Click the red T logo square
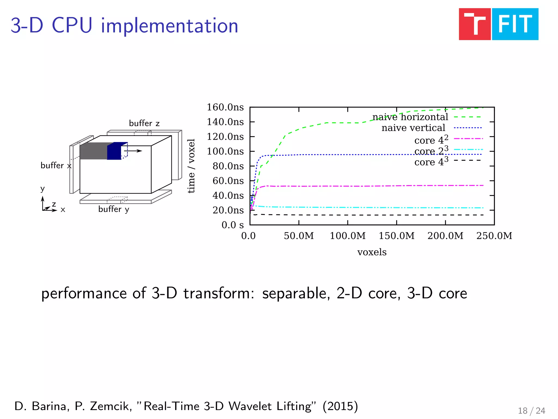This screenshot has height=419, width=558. click(475, 24)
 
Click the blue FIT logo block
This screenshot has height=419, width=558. click(515, 24)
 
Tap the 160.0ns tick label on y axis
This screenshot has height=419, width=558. click(225, 107)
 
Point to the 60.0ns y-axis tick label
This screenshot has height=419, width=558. click(228, 181)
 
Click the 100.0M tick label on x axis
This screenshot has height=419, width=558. click(348, 236)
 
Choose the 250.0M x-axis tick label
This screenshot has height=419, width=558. click(494, 236)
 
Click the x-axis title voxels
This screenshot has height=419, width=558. click(372, 252)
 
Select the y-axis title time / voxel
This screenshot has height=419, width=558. click(191, 166)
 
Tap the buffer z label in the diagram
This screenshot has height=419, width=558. click(144, 123)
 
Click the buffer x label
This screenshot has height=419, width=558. click(56, 166)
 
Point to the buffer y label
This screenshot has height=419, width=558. click(114, 209)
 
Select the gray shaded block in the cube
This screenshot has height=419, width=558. click(93, 151)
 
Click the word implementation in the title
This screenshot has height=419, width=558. click(169, 26)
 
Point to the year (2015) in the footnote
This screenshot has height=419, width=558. click(340, 406)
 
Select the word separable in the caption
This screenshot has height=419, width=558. click(296, 294)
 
